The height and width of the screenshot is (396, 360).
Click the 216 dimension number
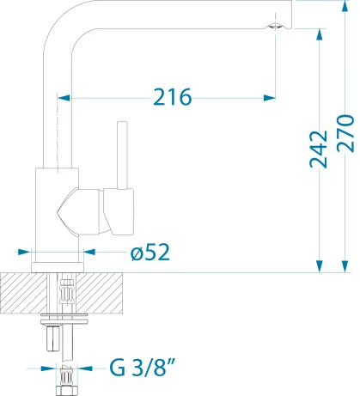[x=172, y=97]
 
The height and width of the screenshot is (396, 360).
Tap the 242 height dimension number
[x=319, y=149]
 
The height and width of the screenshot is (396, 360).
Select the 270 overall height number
[x=345, y=133]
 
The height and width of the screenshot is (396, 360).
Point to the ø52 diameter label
[x=150, y=252]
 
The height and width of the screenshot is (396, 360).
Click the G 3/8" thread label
[x=143, y=368]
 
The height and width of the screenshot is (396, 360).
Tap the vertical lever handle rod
[x=122, y=155]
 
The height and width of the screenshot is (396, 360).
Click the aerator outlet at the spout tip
[x=275, y=27]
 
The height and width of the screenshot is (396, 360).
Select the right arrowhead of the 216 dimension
[x=270, y=98]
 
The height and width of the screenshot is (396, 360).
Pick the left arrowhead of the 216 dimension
[x=64, y=98]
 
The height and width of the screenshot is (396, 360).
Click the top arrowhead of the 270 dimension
[x=345, y=6]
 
